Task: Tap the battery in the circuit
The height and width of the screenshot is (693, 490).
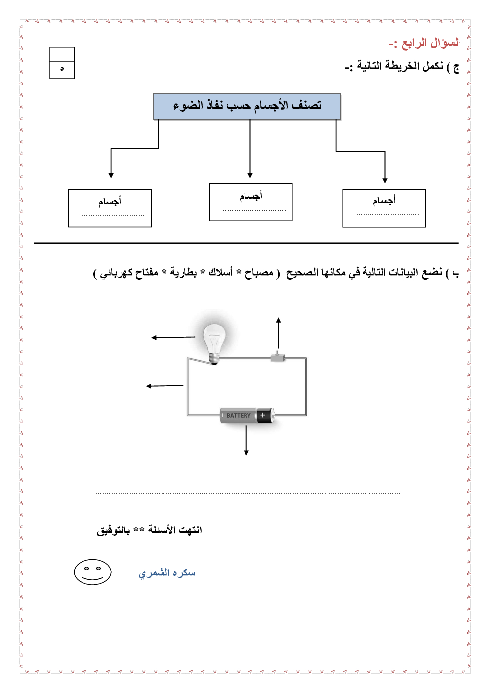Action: coord(246,416)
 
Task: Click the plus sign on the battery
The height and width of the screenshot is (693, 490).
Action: coord(263,415)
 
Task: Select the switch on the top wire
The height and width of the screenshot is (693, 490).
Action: coord(278,357)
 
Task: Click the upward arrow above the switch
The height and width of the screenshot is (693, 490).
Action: coord(278,333)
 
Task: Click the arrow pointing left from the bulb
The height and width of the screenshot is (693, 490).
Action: coord(173,337)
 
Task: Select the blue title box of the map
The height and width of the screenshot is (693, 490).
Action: coord(246,106)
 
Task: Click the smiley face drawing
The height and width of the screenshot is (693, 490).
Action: coord(92,572)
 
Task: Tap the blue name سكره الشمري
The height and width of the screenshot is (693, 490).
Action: coord(167,572)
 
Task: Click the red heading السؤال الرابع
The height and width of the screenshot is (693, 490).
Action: coord(424,43)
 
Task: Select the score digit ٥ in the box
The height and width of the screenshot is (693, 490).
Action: coord(62,69)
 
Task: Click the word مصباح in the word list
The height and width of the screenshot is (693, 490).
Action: coord(259,273)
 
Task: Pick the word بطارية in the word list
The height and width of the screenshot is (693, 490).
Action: coord(183,273)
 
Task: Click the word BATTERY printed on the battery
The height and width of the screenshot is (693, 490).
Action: coord(239,416)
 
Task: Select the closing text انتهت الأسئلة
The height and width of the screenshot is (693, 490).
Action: coord(175,530)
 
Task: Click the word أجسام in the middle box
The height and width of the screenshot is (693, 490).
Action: coord(251,196)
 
